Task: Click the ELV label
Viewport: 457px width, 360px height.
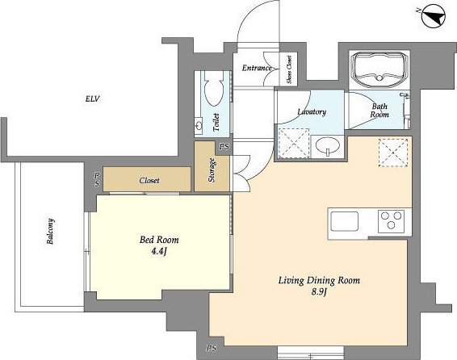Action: [x=93, y=99]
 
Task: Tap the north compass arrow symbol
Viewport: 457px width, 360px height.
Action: [x=434, y=16]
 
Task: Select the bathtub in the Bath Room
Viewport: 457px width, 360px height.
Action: [x=379, y=69]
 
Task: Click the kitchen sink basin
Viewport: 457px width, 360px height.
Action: [x=344, y=221]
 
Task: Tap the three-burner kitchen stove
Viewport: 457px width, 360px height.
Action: [x=391, y=221]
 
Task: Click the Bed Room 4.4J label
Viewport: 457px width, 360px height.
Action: [x=159, y=245]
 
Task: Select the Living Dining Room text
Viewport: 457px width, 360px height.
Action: [x=319, y=280]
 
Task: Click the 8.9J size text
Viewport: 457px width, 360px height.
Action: [x=319, y=291]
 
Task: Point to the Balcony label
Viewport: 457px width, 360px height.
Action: [x=50, y=232]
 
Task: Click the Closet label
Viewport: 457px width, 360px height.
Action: [x=149, y=181]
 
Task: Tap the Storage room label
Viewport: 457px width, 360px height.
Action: [x=212, y=170]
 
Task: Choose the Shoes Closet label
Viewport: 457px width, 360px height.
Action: [x=289, y=69]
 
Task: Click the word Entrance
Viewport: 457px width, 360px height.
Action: [x=257, y=68]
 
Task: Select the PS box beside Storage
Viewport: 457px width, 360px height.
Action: [x=224, y=147]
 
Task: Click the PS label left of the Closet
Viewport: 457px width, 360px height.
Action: [x=97, y=180]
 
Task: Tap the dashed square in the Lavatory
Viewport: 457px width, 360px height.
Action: [x=294, y=143]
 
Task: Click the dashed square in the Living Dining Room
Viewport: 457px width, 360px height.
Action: [x=393, y=153]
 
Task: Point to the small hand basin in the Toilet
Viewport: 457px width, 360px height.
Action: [x=199, y=126]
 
